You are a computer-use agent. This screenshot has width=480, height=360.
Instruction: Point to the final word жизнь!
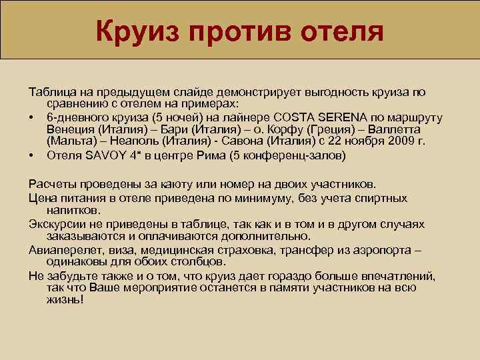tap(65, 300)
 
